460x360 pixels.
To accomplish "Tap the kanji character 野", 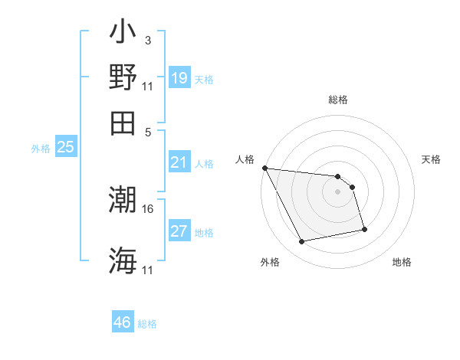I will tap(123, 77).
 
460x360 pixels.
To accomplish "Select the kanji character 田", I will tap(123, 123).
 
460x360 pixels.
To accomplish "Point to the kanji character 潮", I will tap(123, 201).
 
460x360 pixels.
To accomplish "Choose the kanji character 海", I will tap(123, 260).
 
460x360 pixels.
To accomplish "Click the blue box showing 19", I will tap(179, 78).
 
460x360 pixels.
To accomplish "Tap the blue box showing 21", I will tap(179, 162).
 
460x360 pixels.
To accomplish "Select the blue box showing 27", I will tap(179, 231).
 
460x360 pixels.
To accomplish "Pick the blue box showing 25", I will tap(65, 148).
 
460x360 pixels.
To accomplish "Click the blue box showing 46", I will tap(123, 322).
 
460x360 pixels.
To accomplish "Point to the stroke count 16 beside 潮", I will tap(148, 208).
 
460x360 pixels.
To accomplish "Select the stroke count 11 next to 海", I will tap(148, 270).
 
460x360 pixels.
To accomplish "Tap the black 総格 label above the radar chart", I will tap(337, 100).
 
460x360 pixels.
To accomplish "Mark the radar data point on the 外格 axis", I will tap(302, 242).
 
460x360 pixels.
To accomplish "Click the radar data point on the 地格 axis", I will tap(364, 229).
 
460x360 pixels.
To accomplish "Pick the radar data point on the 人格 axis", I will tap(264, 168).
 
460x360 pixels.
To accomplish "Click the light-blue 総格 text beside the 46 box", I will tap(147, 324).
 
